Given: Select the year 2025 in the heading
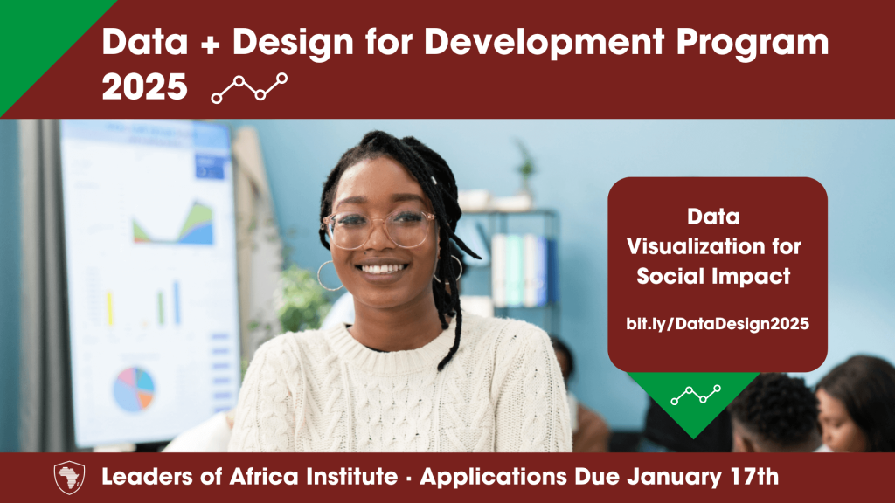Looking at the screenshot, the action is click(x=145, y=87).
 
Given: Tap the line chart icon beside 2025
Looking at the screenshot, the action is click(x=249, y=88).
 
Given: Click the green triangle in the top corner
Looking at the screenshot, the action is click(x=40, y=40).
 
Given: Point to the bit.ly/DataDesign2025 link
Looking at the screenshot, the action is click(x=718, y=324).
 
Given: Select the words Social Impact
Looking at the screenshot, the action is click(x=713, y=277).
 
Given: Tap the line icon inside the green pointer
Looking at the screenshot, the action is click(x=696, y=394).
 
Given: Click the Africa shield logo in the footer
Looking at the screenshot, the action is click(x=70, y=478).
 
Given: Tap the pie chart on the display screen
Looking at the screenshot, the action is click(x=134, y=389).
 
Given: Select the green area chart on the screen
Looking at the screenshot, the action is click(x=174, y=224).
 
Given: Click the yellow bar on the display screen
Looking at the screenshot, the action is click(x=109, y=308).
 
